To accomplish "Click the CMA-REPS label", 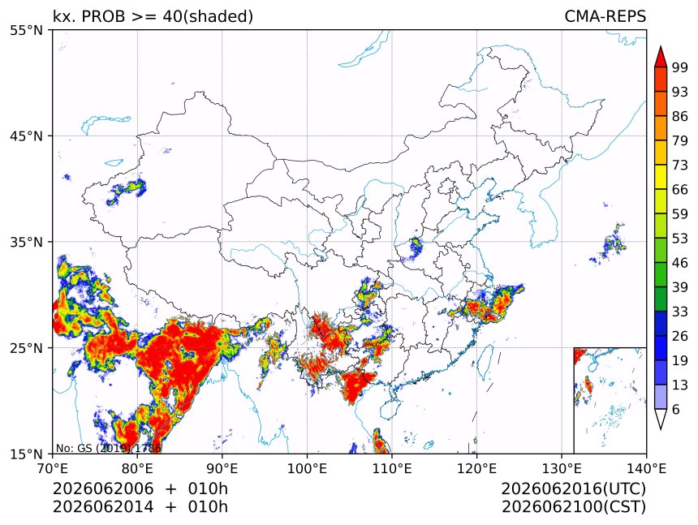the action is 605,16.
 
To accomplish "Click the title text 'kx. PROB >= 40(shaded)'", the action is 153,16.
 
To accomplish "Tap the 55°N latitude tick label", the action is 26,30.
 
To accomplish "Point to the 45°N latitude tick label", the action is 26,136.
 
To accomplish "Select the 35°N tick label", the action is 26,242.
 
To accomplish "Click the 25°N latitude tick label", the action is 26,347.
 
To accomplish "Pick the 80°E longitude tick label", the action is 137,468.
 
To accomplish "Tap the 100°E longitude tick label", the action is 307,468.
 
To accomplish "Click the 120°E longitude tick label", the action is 476,468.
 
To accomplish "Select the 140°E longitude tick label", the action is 646,468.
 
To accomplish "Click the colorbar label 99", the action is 680,67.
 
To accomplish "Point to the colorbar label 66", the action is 680,190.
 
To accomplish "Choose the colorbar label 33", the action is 680,312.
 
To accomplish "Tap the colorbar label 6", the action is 676,409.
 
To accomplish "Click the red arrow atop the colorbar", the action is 661,57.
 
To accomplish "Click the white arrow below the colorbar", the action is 661,420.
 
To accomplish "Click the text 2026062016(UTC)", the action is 573,488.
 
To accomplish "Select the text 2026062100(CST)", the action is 573,507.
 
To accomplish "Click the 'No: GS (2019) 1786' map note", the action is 108,448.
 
